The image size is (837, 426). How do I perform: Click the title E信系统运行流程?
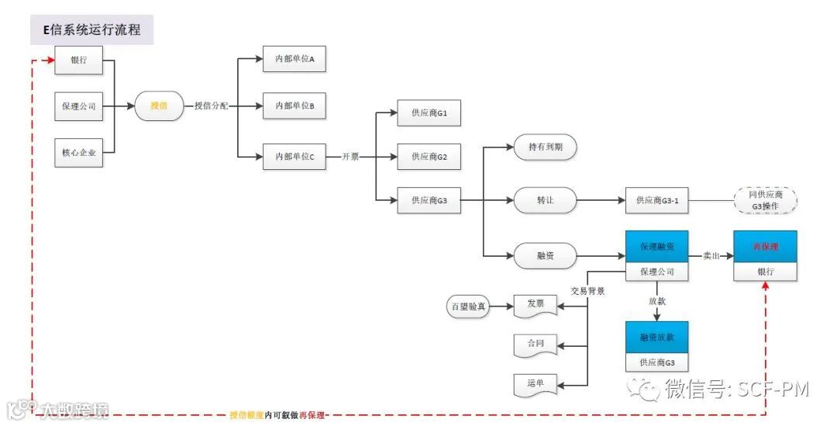click(92, 31)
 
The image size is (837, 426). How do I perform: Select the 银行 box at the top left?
click(79, 61)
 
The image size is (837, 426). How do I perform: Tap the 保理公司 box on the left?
click(79, 106)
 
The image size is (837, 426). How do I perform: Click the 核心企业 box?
click(79, 153)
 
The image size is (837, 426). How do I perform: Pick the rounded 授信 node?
click(159, 106)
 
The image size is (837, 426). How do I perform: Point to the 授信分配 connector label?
click(211, 106)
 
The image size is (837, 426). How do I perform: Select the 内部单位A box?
click(294, 59)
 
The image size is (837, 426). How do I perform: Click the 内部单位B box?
click(294, 106)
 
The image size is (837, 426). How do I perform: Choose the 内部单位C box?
click(294, 156)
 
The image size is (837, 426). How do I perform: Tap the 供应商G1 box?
click(429, 113)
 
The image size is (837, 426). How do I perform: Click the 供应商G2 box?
click(429, 157)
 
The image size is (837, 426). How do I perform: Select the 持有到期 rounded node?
click(546, 147)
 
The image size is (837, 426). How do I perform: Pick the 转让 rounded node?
click(546, 200)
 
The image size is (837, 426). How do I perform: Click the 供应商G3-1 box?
click(657, 200)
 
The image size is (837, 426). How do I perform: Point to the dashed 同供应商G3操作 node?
click(765, 200)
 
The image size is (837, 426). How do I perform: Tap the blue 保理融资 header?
click(657, 247)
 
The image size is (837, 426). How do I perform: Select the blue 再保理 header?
click(765, 247)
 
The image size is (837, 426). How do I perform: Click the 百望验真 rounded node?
click(469, 307)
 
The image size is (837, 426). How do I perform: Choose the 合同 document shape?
click(536, 343)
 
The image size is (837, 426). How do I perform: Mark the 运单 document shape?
click(536, 383)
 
